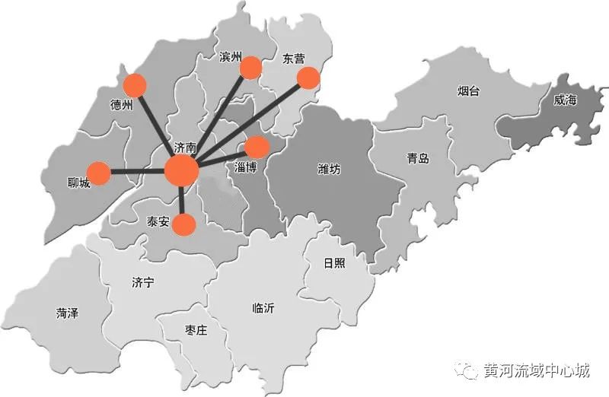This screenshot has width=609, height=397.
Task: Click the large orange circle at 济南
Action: tap(182, 170)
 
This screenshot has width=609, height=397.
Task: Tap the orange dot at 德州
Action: tap(135, 84)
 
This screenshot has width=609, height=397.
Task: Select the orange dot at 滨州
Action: tap(250, 68)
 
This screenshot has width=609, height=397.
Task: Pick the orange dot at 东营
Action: tap(308, 78)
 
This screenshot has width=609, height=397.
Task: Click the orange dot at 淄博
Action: tap(257, 147)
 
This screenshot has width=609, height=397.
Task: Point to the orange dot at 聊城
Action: tap(98, 173)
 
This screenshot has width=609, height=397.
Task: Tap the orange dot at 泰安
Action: tap(183, 224)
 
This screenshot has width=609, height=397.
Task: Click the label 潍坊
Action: tap(329, 169)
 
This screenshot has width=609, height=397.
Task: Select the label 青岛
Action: tap(418, 158)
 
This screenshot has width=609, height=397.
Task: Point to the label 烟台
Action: tap(469, 92)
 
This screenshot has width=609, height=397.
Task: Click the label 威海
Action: tap(565, 100)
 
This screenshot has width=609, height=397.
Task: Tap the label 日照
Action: tap(333, 263)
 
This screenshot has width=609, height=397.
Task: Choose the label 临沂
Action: tap(263, 309)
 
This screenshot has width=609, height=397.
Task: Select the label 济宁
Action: tap(142, 283)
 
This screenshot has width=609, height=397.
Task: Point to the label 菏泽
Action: tap(68, 313)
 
